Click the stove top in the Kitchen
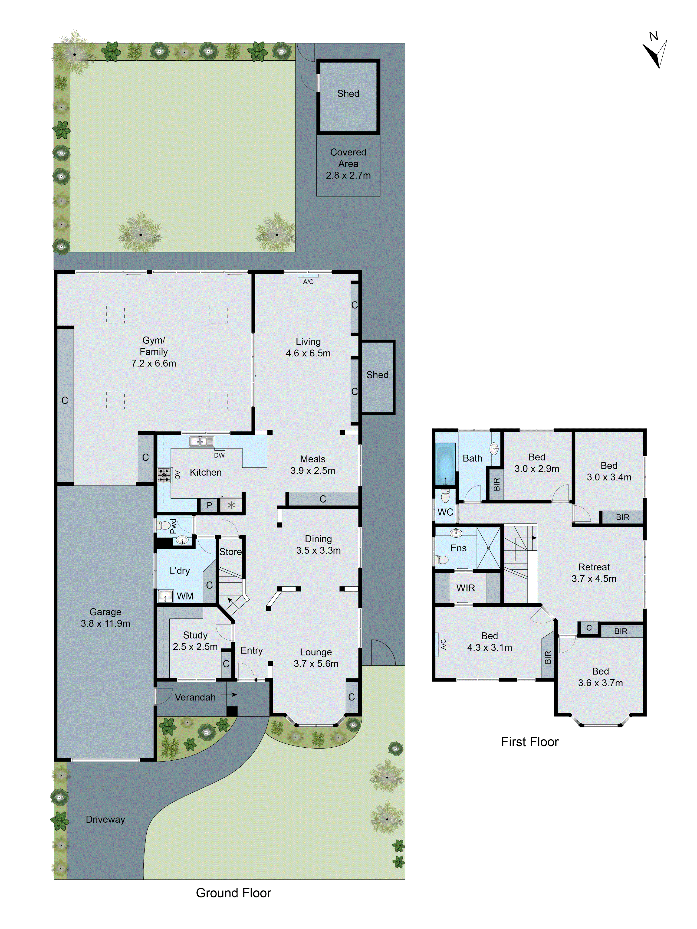pyautogui.click(x=164, y=475)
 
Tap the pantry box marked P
pyautogui.click(x=209, y=505)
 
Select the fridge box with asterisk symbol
pyautogui.click(x=231, y=505)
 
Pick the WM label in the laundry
pyautogui.click(x=185, y=596)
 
